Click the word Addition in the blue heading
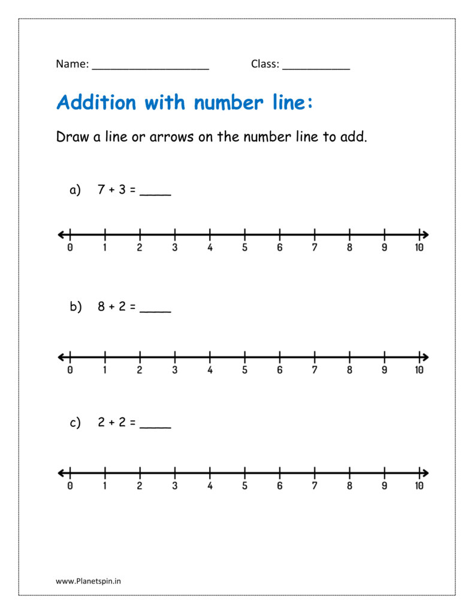pyautogui.click(x=96, y=103)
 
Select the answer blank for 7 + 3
pyautogui.click(x=155, y=192)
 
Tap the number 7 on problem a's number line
pyautogui.click(x=314, y=248)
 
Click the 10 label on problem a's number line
pyautogui.click(x=419, y=248)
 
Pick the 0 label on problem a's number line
pyautogui.click(x=70, y=248)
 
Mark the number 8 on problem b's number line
pyautogui.click(x=349, y=370)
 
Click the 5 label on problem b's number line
pyautogui.click(x=244, y=370)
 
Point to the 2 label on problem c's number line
pyautogui.click(x=140, y=486)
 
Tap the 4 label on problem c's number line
pyautogui.click(x=210, y=486)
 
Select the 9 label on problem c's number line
pyautogui.click(x=384, y=486)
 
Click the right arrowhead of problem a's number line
pyautogui.click(x=424, y=234)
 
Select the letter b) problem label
pyautogui.click(x=75, y=307)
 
